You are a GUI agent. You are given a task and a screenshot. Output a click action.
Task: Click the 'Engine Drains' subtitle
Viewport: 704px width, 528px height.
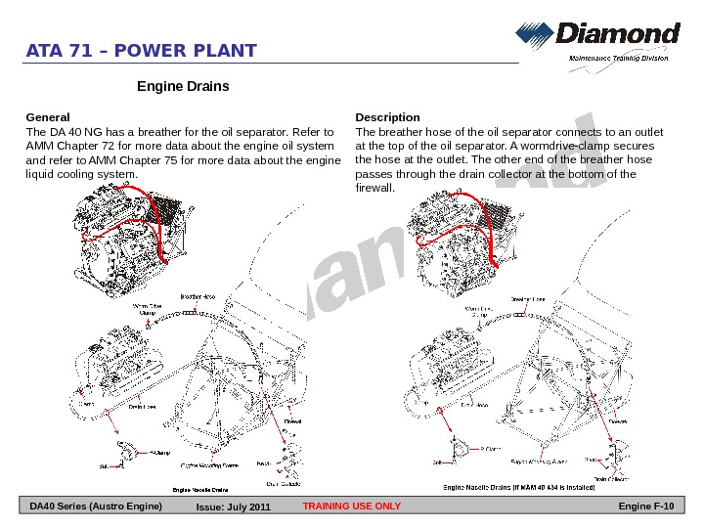tap(183, 87)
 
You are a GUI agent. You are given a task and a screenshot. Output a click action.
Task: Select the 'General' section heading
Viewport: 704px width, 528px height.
tap(47, 117)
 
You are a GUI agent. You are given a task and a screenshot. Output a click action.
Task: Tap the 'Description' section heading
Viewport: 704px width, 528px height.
tap(388, 117)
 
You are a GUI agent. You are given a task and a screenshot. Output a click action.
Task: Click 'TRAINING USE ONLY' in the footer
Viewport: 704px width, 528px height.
tap(352, 506)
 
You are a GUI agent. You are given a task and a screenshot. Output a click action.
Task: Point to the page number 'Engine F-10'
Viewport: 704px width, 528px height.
tap(647, 506)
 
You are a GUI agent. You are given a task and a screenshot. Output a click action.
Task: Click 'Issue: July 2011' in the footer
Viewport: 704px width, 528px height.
tap(233, 507)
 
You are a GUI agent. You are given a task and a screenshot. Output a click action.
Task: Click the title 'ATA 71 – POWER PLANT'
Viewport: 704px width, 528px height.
tap(142, 51)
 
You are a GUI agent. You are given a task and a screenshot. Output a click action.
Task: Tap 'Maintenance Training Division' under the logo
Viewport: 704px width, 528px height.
tap(619, 59)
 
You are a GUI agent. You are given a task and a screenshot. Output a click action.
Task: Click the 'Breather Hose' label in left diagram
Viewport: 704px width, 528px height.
tap(198, 296)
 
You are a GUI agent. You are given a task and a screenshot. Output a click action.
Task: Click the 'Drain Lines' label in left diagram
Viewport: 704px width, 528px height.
tap(144, 409)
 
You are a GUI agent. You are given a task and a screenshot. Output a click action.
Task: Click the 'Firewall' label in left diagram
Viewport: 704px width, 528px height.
tap(292, 421)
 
